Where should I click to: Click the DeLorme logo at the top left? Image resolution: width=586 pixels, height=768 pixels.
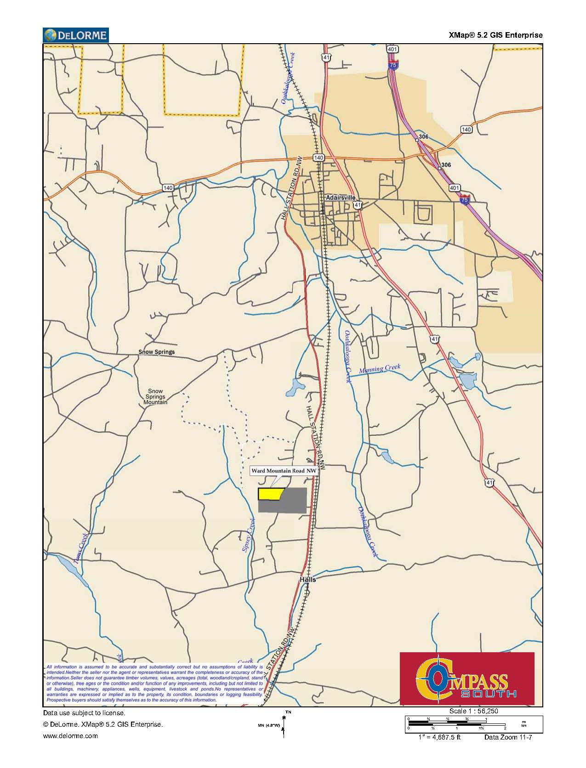coord(76,35)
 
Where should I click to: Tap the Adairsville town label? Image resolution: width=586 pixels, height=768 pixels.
coord(338,197)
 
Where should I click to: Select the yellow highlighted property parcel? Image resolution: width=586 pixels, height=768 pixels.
coord(270,494)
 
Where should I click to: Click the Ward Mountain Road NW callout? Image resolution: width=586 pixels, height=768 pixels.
coord(283,471)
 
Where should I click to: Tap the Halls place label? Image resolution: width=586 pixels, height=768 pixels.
coord(307,579)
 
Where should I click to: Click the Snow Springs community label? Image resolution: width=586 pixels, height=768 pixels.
coord(157,352)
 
